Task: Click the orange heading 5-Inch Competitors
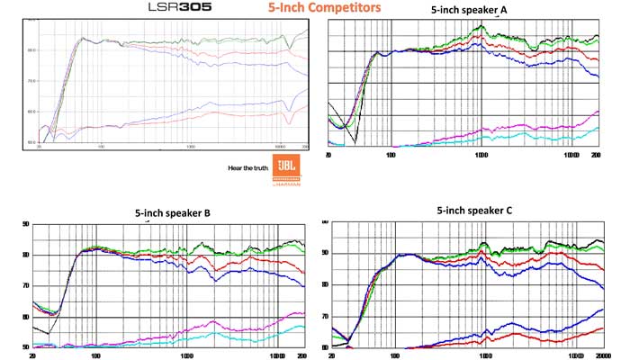(x=323, y=8)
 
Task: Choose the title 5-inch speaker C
(x=473, y=211)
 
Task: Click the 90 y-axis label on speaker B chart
(x=25, y=223)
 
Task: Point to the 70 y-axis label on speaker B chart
(x=25, y=286)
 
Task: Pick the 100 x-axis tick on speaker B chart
(x=95, y=356)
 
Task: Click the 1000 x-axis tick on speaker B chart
(x=186, y=356)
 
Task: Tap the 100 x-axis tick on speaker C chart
(x=395, y=355)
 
